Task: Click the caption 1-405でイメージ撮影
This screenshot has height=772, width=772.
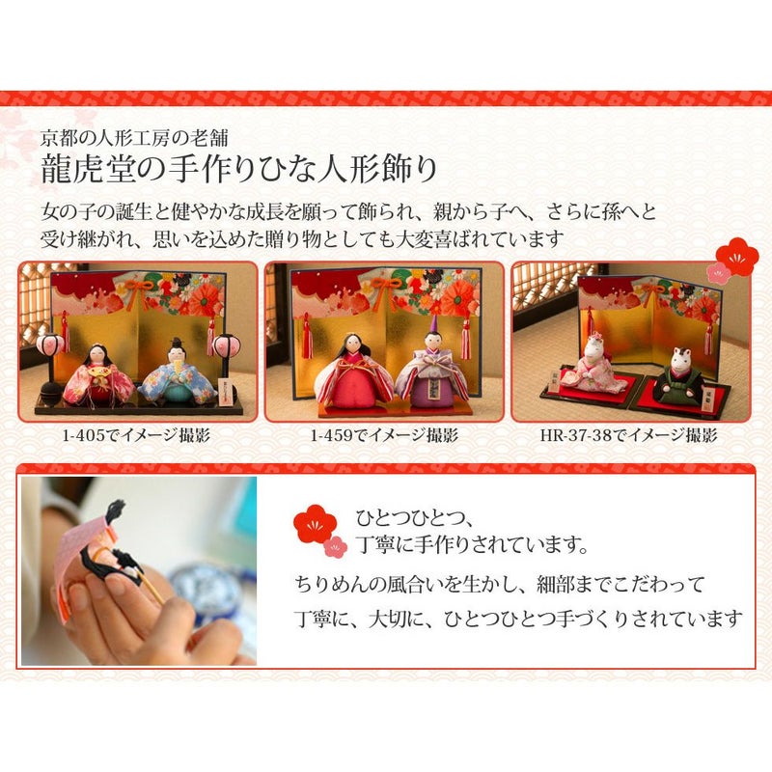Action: point(136,435)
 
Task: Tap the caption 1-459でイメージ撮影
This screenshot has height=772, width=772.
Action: point(384,435)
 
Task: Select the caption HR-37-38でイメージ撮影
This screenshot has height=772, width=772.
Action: point(629,435)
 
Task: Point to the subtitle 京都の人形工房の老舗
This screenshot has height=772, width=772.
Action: point(134,138)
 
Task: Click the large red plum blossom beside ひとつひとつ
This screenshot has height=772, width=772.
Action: point(316,524)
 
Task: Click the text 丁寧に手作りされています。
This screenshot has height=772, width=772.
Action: point(472,545)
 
